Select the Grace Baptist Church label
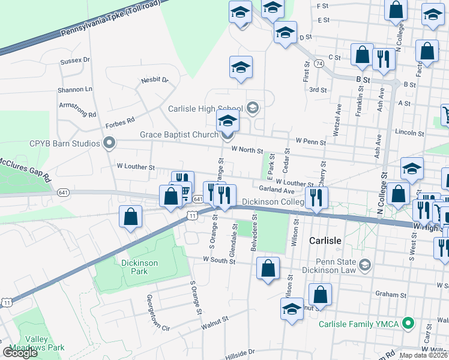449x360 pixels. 179,134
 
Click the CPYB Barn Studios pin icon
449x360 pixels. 109,143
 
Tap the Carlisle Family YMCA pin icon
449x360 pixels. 409,323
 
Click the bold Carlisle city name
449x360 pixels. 325,241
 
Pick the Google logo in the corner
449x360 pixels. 20,353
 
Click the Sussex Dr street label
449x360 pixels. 74,61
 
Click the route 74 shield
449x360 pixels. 318,63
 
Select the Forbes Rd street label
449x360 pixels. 120,123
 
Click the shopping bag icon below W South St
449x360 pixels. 268,269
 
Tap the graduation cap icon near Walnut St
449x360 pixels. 292,310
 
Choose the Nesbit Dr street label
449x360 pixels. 155,80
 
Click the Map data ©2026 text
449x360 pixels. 423,355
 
